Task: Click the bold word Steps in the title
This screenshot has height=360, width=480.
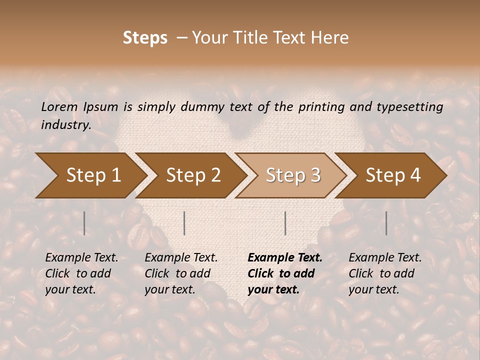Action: click(145, 38)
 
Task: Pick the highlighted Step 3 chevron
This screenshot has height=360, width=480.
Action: click(293, 175)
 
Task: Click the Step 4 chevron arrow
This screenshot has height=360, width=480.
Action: click(393, 175)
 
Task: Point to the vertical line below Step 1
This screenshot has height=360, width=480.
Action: click(84, 223)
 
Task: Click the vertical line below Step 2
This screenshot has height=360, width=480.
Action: click(184, 223)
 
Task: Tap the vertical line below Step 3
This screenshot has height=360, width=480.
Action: click(285, 223)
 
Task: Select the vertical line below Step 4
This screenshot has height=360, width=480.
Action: click(386, 223)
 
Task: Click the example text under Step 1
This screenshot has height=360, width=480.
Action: click(81, 273)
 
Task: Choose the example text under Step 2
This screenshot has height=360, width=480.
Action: click(181, 273)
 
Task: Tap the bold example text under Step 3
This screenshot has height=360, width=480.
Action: click(285, 273)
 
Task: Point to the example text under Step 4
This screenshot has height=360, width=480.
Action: click(385, 273)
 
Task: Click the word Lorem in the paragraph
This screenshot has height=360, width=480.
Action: click(59, 106)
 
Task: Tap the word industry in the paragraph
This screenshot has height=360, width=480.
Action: click(66, 124)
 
